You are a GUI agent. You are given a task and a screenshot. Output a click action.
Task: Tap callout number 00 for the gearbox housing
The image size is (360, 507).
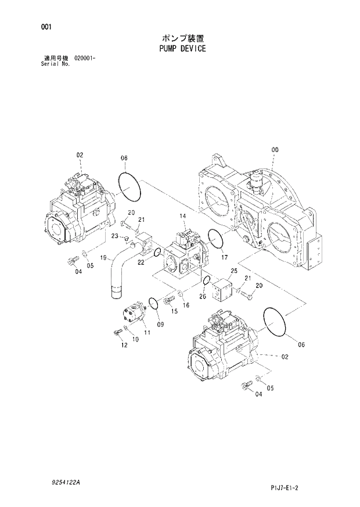coord(275,150)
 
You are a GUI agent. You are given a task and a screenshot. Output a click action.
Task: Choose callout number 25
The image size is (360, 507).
coord(235,271)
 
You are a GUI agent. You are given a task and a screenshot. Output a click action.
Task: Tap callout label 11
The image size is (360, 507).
coord(147,332)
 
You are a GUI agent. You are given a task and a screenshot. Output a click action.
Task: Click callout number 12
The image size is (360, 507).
coord(124,346)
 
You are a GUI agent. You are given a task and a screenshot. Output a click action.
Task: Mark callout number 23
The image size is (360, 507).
coord(115,236)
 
